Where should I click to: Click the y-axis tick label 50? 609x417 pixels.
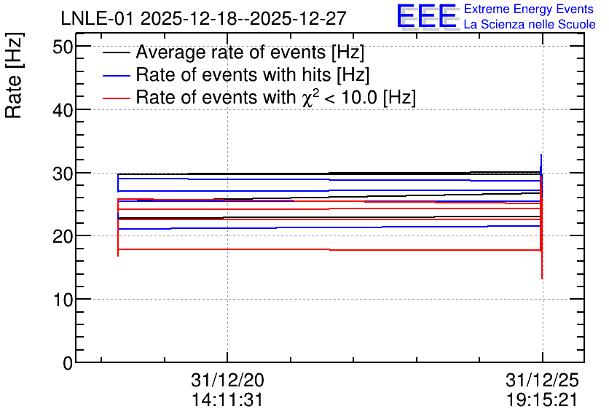pyautogui.click(x=63, y=47)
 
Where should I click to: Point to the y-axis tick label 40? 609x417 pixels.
pyautogui.click(x=63, y=110)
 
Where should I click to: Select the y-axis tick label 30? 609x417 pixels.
pyautogui.click(x=63, y=174)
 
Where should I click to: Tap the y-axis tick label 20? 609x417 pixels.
pyautogui.click(x=63, y=237)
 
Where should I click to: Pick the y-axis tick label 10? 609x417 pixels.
pyautogui.click(x=63, y=300)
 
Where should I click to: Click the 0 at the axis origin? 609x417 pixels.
pyautogui.click(x=68, y=363)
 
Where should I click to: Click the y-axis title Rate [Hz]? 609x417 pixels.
pyautogui.click(x=14, y=75)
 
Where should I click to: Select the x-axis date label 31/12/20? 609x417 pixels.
pyautogui.click(x=227, y=380)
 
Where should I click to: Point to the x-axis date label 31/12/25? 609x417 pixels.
pyautogui.click(x=542, y=380)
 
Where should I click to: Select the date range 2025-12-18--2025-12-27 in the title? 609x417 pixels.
pyautogui.click(x=243, y=18)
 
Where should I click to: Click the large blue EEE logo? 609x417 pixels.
pyautogui.click(x=427, y=16)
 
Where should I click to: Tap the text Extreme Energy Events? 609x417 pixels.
pyautogui.click(x=529, y=9)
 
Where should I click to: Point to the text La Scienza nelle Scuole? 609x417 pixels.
pyautogui.click(x=530, y=25)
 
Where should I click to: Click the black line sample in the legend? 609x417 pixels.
pyautogui.click(x=116, y=52)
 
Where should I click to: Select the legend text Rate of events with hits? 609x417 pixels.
pyautogui.click(x=233, y=74)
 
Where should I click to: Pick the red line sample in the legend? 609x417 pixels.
pyautogui.click(x=116, y=98)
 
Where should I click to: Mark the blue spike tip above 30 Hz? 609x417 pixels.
pyautogui.click(x=541, y=155)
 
